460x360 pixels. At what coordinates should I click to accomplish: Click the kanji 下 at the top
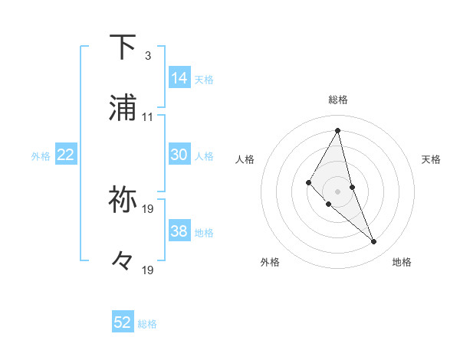tap(123, 47)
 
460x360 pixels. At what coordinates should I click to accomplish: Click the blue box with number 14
tap(179, 78)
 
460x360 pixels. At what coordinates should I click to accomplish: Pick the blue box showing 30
tap(179, 155)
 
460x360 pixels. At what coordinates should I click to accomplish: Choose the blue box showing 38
tap(179, 231)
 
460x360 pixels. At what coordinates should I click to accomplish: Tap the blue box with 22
tap(66, 155)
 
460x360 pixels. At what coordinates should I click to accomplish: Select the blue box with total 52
tap(123, 322)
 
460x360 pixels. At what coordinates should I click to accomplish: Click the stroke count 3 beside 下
tap(147, 56)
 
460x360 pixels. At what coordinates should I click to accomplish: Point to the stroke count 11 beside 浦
tap(147, 117)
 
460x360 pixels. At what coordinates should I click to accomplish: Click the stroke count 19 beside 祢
tap(149, 208)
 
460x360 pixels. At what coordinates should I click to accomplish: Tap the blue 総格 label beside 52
tap(147, 324)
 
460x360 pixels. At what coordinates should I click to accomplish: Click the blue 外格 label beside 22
tap(41, 156)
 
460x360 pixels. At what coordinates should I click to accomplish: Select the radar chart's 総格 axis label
tap(338, 100)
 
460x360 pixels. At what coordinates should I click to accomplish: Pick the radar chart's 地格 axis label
tap(402, 263)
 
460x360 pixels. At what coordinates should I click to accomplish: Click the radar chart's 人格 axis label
tap(245, 159)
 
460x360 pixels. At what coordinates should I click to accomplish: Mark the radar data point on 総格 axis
tap(338, 131)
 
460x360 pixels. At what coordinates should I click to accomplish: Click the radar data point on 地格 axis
tap(374, 242)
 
